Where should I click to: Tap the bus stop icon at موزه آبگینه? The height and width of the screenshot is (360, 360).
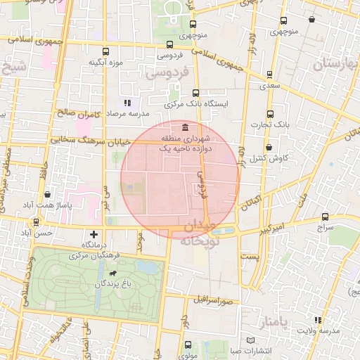[x=105, y=52]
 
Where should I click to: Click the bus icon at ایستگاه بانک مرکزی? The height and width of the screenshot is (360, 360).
[x=195, y=92]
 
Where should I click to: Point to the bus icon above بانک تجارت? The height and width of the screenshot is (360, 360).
[x=270, y=113]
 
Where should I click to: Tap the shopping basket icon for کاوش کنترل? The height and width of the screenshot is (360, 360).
[x=270, y=148]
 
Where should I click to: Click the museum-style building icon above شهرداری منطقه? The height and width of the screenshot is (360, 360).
[x=184, y=127]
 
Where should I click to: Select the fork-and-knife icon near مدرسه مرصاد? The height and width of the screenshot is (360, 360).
[x=127, y=103]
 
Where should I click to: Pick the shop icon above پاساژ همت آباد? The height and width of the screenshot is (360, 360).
[x=47, y=195]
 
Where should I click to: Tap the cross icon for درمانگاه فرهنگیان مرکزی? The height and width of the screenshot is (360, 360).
[x=94, y=234]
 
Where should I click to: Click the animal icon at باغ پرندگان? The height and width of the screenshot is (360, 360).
[x=112, y=272]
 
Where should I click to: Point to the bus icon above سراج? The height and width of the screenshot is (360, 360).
[x=324, y=217]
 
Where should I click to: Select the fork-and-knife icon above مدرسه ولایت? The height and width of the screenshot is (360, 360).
[x=319, y=321]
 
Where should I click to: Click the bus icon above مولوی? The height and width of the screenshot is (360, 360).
[x=188, y=345]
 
